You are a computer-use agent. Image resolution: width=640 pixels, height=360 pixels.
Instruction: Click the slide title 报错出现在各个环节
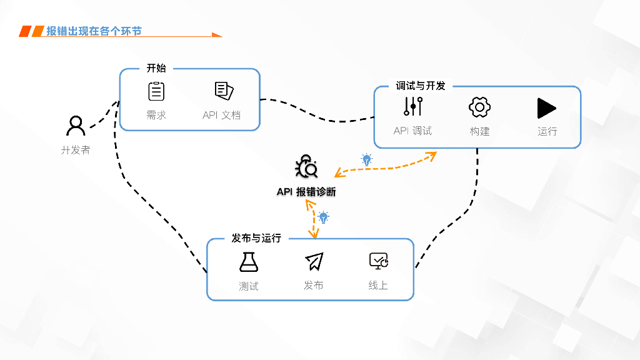[94, 31]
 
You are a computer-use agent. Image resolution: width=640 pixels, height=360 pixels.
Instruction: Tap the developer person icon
[76, 126]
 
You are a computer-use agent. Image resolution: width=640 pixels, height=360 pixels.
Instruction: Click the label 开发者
[76, 150]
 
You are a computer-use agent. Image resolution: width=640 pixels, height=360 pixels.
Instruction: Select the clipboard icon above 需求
[156, 91]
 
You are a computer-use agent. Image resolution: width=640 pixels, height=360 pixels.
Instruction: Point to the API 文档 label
[221, 115]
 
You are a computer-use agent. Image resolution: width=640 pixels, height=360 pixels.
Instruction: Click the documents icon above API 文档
[224, 91]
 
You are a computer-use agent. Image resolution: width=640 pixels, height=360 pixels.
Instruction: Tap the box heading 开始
[156, 68]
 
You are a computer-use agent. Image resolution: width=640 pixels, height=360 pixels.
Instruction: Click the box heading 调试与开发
[421, 86]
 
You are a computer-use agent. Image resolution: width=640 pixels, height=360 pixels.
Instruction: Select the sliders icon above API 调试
[413, 107]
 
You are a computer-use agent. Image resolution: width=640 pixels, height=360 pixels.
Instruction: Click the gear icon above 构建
[479, 107]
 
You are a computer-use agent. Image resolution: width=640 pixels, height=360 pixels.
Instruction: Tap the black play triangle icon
[546, 108]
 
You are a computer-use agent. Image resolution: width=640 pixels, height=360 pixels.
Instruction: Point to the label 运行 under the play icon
[547, 131]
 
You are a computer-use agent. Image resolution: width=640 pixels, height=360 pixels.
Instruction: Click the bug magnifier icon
[306, 167]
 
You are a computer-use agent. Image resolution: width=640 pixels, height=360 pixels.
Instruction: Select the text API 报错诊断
[306, 192]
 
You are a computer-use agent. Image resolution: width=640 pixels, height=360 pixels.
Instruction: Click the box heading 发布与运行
[256, 238]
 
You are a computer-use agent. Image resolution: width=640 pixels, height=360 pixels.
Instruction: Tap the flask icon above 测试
[249, 262]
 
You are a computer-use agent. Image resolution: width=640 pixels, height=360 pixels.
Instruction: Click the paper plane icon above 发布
[314, 262]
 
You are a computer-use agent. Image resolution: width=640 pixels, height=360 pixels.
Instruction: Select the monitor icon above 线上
[378, 261]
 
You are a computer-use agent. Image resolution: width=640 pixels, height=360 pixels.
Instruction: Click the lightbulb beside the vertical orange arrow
[323, 217]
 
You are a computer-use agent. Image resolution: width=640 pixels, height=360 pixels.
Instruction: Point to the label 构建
[479, 131]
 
